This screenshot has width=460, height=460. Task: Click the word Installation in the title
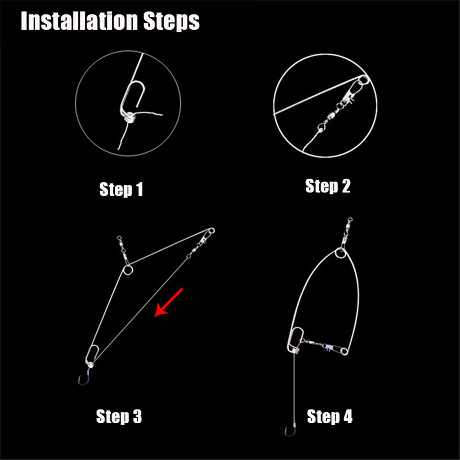(x=79, y=21)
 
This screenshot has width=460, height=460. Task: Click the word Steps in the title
(x=171, y=22)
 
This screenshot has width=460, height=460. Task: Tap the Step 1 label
(x=121, y=190)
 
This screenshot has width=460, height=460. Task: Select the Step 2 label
(x=328, y=186)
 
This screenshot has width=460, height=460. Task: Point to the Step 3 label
(x=119, y=416)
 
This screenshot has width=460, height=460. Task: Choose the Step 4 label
(x=330, y=416)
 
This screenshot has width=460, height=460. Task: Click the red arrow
(x=168, y=303)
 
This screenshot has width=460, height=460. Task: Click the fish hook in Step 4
(x=290, y=430)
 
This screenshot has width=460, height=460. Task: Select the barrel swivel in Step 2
(x=333, y=113)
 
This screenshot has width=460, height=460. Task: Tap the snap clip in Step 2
(x=354, y=91)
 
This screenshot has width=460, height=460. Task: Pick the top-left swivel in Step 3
(x=123, y=249)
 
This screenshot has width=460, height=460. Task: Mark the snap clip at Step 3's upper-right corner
(x=207, y=236)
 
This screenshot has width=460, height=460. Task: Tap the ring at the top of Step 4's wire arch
(x=341, y=253)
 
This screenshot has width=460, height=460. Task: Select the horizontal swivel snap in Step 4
(x=324, y=346)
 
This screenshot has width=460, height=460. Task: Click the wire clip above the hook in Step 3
(x=92, y=356)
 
